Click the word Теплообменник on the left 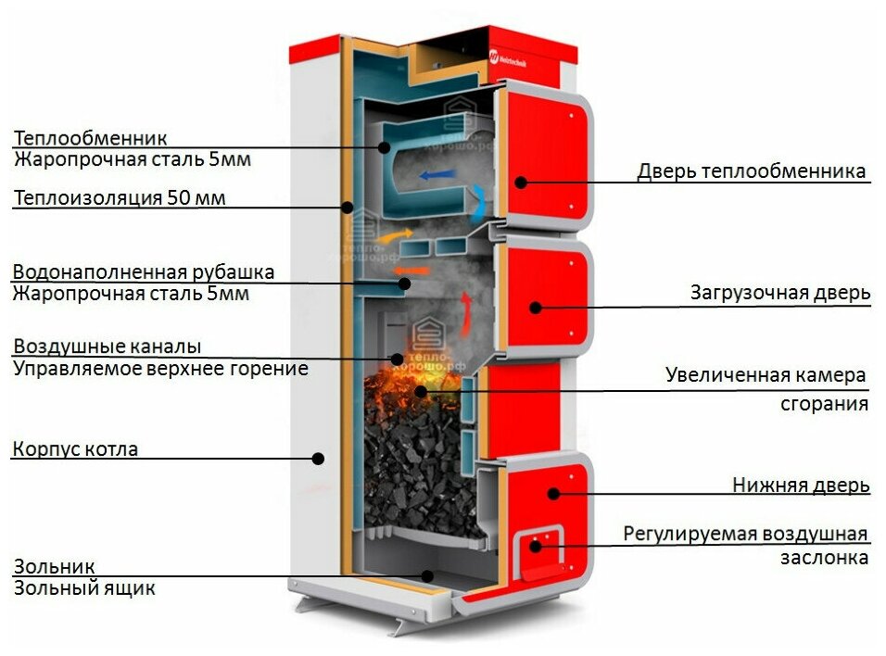tap(90, 138)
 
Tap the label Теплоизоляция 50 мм tap(120, 197)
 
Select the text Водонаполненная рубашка tap(144, 272)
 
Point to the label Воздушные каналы tap(107, 347)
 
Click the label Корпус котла tap(75, 449)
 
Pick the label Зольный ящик tap(84, 587)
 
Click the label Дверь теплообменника tap(751, 171)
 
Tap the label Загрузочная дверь tap(779, 293)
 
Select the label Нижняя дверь tap(801, 485)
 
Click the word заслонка tap(824, 557)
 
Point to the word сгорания tap(824, 404)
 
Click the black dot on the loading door tap(535, 307)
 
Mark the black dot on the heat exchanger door tap(521, 183)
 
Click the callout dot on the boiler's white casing tap(318, 457)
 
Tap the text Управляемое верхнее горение tap(160, 368)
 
